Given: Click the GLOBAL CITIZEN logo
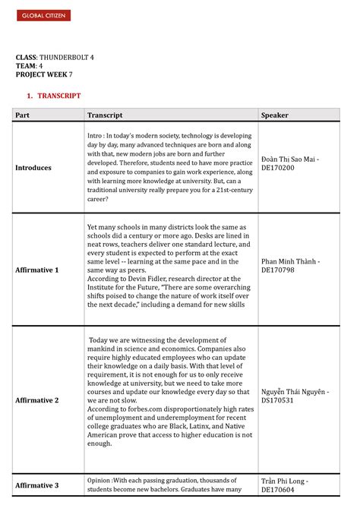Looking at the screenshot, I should pyautogui.click(x=43, y=16).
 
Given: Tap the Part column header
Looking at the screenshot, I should pyautogui.click(x=23, y=115).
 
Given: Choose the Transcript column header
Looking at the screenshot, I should pyautogui.click(x=105, y=115).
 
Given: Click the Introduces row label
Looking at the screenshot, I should pyautogui.click(x=33, y=168).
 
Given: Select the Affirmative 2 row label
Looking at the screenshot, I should pyautogui.click(x=37, y=400).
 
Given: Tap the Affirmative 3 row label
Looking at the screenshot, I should pyautogui.click(x=37, y=485).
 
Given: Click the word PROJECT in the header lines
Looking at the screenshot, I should pyautogui.click(x=32, y=74).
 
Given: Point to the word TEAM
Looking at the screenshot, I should pyautogui.click(x=25, y=66).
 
